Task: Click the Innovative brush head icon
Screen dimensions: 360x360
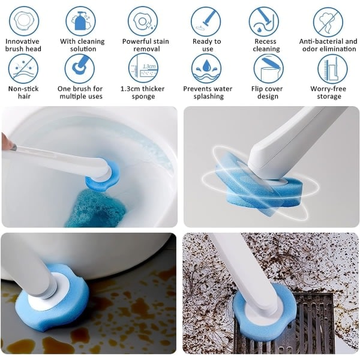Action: (24, 22)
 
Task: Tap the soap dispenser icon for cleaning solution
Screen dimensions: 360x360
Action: (80, 22)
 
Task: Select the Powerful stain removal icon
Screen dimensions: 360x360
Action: (143, 22)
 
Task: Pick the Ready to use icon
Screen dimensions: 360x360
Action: (206, 22)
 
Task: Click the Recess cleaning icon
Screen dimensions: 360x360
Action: (264, 22)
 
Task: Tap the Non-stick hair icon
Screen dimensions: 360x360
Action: (23, 68)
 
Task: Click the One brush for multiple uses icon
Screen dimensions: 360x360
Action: (79, 68)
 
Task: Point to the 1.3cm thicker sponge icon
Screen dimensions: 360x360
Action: (143, 68)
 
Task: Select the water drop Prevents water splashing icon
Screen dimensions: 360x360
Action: (206, 68)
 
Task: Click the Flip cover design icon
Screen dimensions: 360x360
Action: (268, 68)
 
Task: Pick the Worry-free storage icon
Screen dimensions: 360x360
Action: (332, 68)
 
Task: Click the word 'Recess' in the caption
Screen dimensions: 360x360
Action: (265, 41)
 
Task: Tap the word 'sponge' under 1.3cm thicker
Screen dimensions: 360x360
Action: (143, 97)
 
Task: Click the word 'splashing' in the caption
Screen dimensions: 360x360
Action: (208, 97)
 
